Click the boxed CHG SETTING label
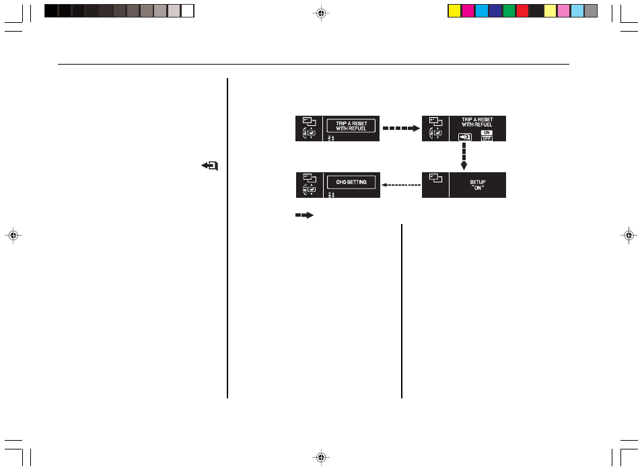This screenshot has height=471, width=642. tap(351, 182)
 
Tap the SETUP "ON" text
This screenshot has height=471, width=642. tap(477, 185)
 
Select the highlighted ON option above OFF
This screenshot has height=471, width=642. tap(487, 133)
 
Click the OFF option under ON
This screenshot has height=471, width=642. tap(487, 139)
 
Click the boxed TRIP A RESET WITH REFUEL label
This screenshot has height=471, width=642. tap(351, 126)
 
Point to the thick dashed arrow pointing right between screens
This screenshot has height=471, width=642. tap(401, 129)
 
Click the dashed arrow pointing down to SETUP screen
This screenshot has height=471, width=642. tap(464, 156)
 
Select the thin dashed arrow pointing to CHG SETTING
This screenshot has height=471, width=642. tap(401, 185)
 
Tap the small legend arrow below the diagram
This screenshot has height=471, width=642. tap(304, 215)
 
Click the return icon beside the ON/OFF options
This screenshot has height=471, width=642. tap(465, 137)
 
